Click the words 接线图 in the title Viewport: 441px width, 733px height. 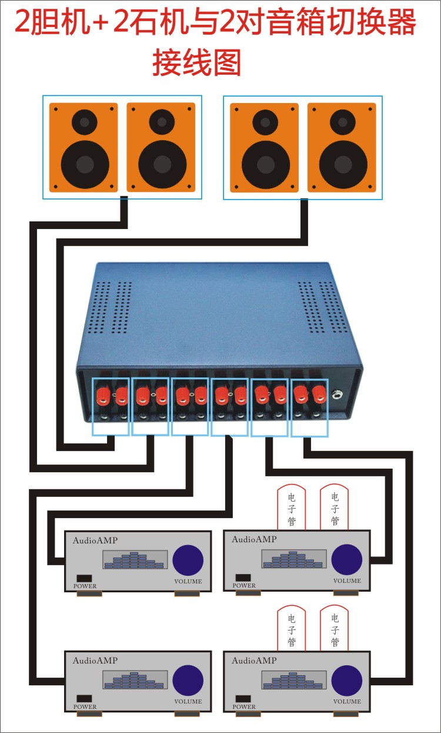(196, 61)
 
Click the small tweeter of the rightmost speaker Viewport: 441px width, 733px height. (342, 122)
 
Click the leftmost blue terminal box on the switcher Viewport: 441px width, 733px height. (111, 406)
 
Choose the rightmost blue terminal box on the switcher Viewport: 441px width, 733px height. (309, 407)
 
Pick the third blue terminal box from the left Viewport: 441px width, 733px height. (190, 406)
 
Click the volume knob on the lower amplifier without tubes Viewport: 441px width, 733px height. (188, 679)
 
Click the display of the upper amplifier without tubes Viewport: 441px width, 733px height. (135, 560)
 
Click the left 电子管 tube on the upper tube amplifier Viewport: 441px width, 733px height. (292, 508)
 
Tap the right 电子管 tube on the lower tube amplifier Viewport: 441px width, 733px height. (335, 629)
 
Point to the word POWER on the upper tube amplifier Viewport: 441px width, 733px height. (244, 586)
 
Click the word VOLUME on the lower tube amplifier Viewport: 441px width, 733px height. (347, 701)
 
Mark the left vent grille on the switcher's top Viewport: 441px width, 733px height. (112, 306)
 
